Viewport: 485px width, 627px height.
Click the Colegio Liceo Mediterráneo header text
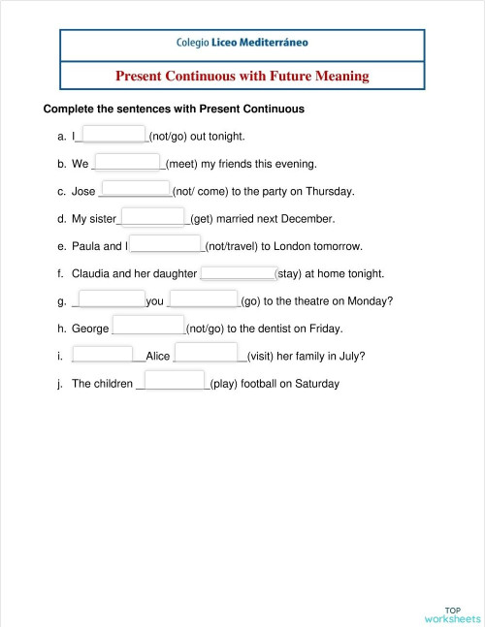(242, 43)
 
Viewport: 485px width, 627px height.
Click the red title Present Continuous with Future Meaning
(242, 76)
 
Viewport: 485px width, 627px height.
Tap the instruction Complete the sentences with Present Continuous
(175, 110)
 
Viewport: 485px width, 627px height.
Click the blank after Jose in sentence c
(136, 189)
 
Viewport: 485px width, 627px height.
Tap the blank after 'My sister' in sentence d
(152, 216)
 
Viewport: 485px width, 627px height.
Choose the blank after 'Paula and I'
(166, 244)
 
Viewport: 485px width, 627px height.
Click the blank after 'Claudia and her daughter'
(239, 272)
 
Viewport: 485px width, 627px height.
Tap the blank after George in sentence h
(148, 327)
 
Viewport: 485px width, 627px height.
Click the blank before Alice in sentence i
(108, 354)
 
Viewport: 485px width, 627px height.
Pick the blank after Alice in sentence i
(207, 354)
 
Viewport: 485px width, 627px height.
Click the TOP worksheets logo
(452, 613)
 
